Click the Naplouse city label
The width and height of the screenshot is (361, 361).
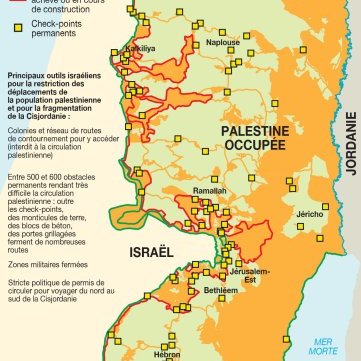coord(223,43)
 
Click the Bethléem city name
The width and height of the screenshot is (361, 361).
coord(220,290)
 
